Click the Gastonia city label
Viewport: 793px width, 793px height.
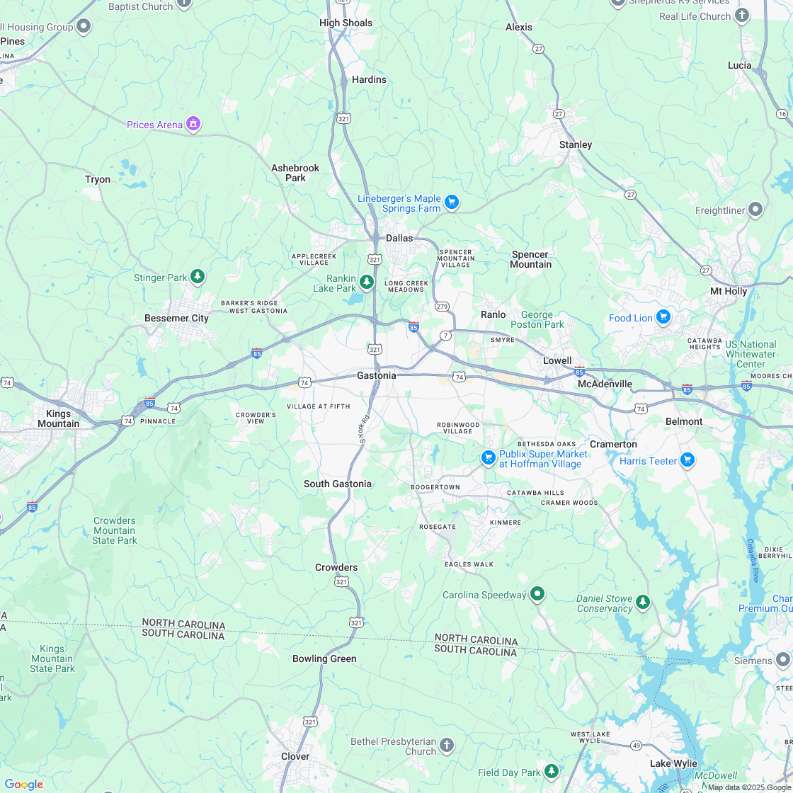point(376,375)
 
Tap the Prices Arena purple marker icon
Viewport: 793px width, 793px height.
point(193,125)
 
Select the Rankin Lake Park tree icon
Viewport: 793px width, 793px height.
point(366,283)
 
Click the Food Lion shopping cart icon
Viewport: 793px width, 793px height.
point(663,317)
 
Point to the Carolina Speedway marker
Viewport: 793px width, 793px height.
point(537,594)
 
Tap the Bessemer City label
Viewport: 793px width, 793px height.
point(176,318)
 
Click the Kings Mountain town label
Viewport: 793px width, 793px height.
point(58,418)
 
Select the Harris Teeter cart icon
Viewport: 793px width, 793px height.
point(687,460)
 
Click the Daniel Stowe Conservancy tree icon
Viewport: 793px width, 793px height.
point(642,602)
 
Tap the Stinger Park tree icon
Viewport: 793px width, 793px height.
point(198,277)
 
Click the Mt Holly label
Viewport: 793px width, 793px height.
point(729,291)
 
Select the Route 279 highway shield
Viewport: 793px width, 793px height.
point(443,306)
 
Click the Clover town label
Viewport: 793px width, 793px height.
point(295,756)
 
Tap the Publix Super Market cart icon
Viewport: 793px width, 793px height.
point(488,458)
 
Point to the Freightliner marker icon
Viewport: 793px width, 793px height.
point(755,210)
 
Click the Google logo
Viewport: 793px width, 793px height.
point(23,784)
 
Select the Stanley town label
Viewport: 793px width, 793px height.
point(575,144)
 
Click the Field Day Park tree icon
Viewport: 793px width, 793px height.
point(551,771)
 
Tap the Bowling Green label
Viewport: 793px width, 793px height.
point(324,658)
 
